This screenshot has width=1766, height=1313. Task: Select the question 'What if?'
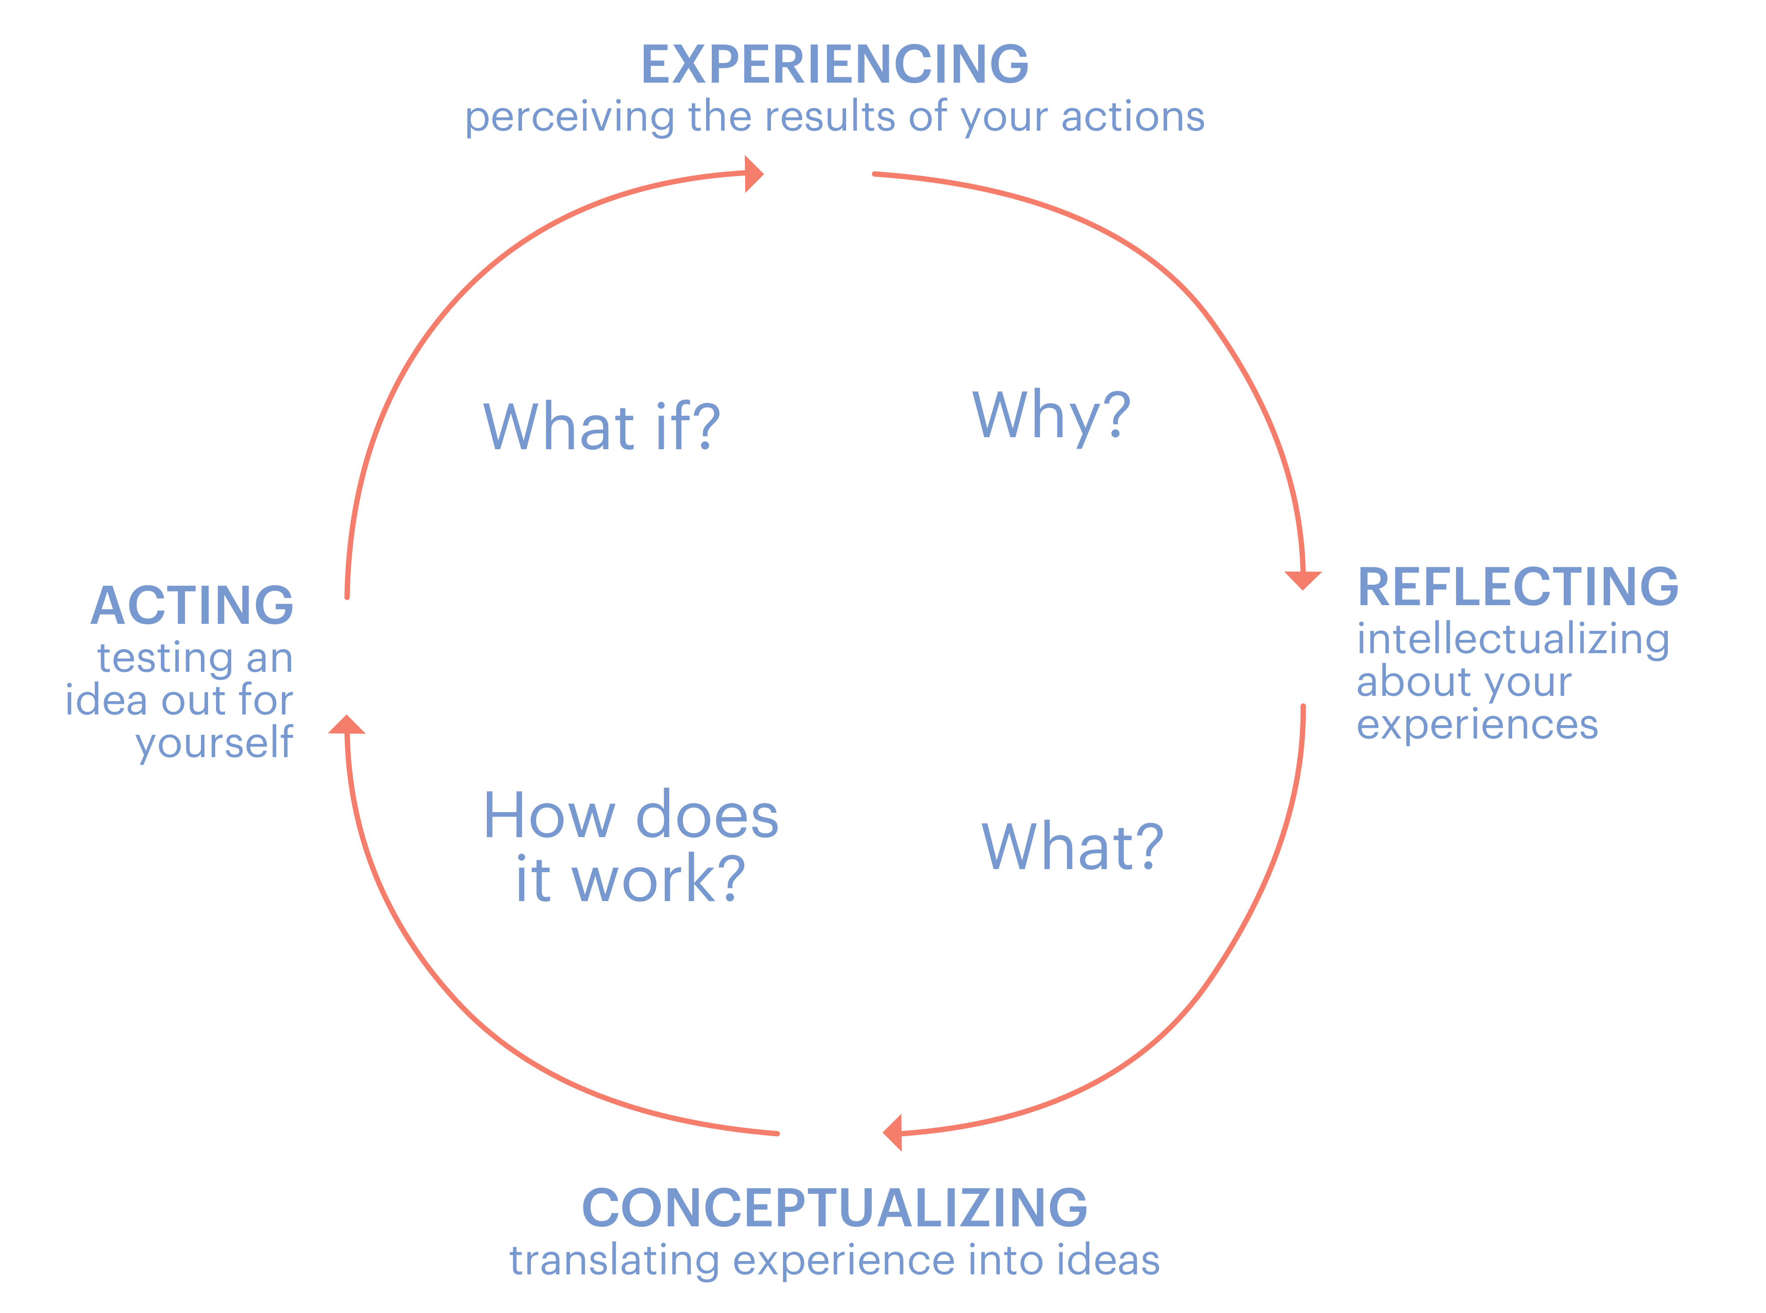coord(601,427)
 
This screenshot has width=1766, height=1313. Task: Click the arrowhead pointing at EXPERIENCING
coord(753,174)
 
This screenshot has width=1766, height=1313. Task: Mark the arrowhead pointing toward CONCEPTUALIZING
coord(894,1132)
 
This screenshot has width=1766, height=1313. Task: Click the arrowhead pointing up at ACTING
coord(347,725)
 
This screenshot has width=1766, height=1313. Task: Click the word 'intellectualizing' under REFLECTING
coord(1513,640)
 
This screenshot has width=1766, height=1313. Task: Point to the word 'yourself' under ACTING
coord(215,743)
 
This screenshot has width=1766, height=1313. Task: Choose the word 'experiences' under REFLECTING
coord(1477,725)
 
